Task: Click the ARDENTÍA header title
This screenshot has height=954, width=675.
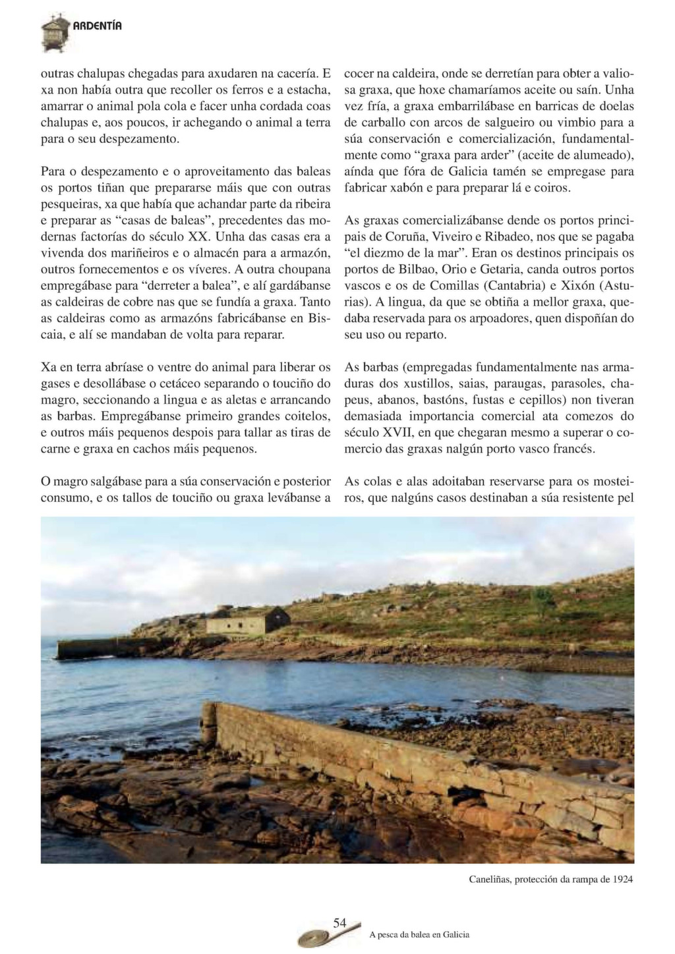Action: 97,26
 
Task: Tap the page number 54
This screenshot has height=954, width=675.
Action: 339,923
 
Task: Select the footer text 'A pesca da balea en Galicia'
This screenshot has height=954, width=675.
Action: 419,934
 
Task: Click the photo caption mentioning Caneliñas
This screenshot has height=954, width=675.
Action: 550,879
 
